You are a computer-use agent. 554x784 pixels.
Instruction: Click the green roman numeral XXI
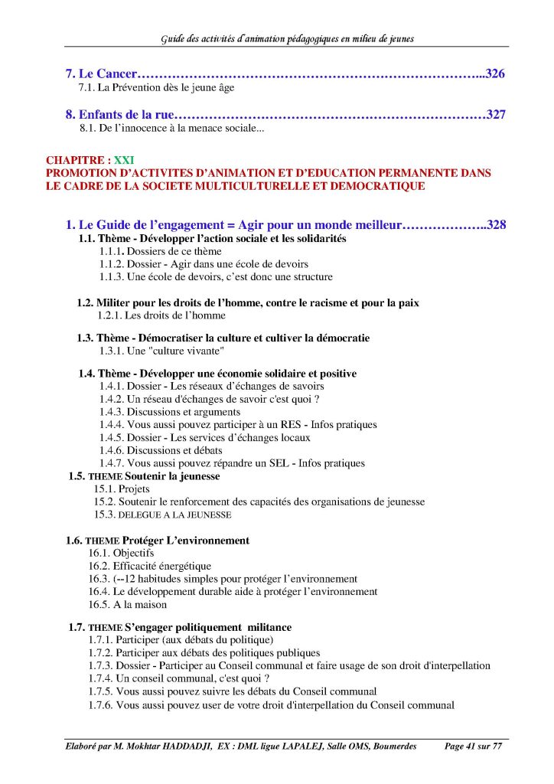click(x=123, y=160)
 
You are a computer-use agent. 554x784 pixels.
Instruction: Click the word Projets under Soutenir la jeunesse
click(x=133, y=488)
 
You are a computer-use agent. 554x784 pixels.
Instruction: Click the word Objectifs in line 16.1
click(x=135, y=553)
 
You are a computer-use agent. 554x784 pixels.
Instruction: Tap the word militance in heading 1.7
click(x=267, y=627)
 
